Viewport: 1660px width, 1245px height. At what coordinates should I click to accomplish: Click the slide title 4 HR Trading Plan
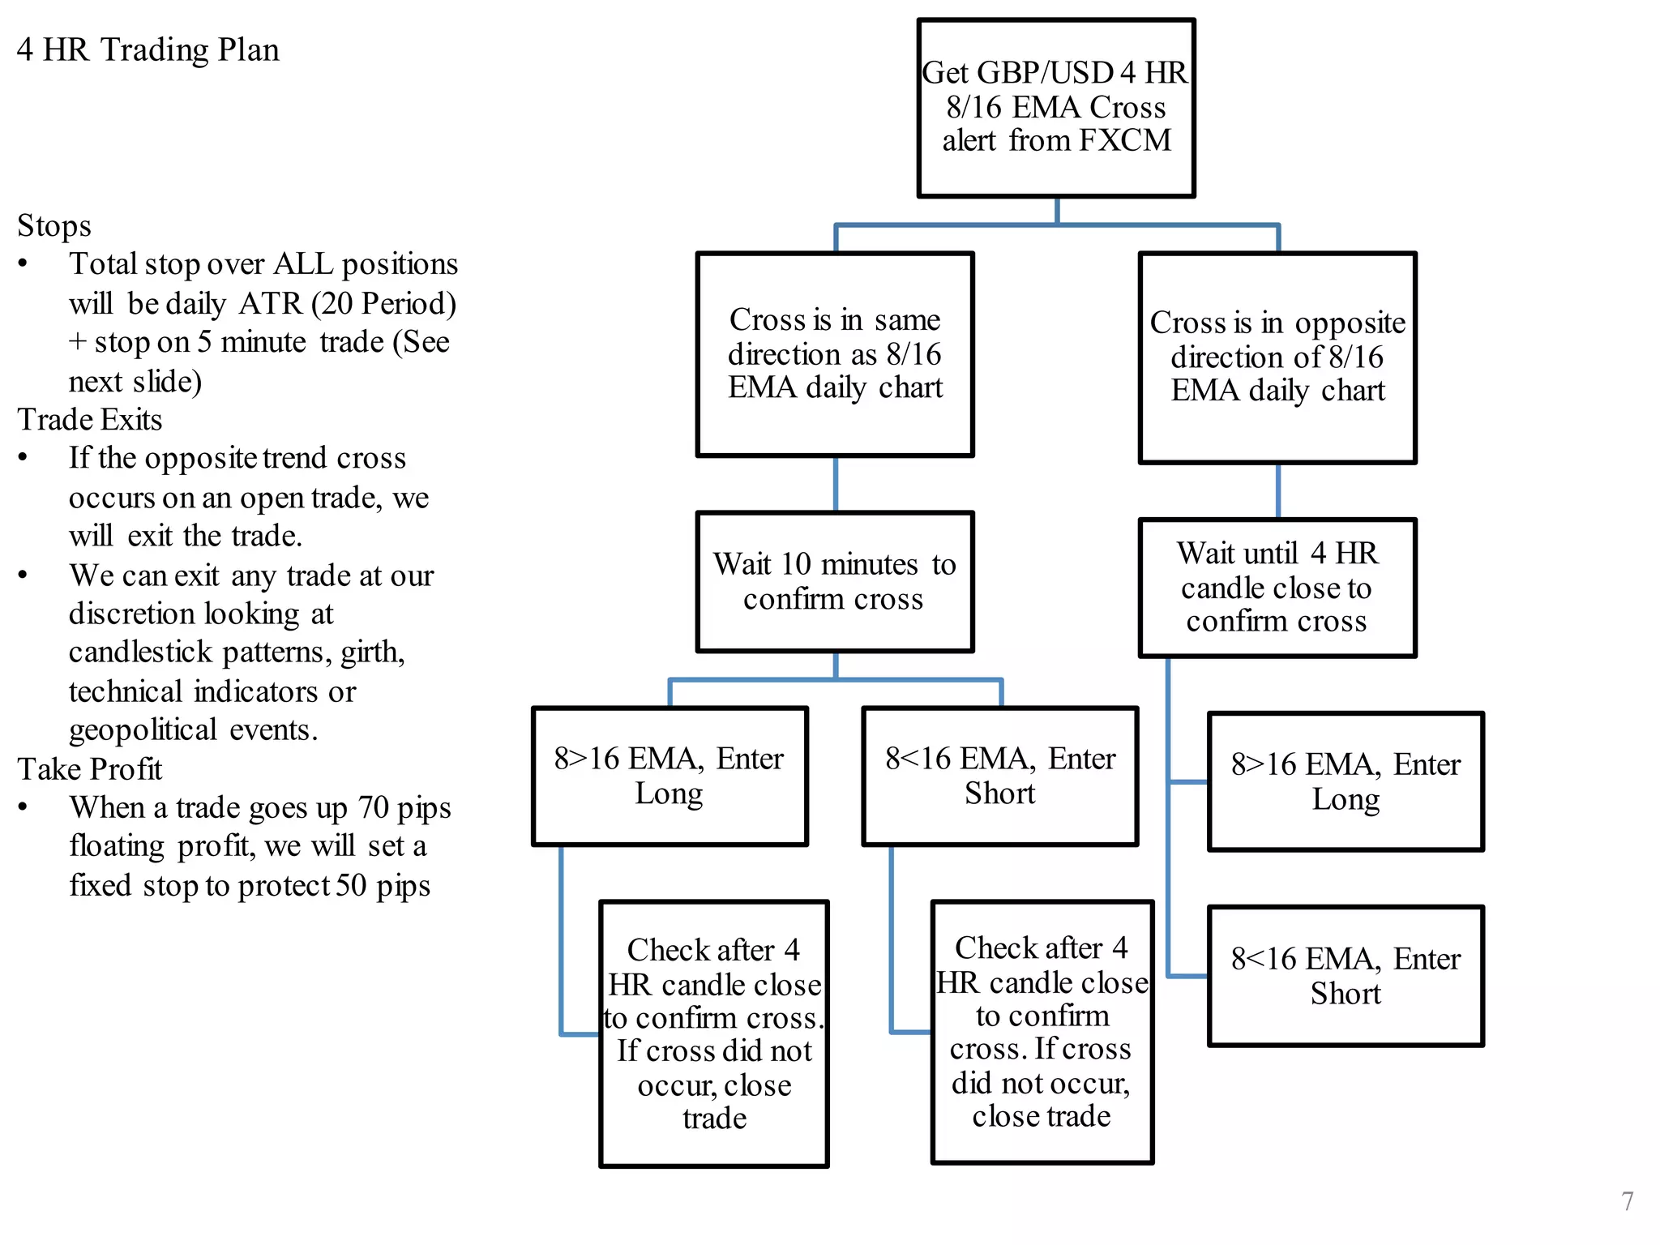point(148,50)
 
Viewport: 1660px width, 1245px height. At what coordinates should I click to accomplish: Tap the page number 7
point(1627,1200)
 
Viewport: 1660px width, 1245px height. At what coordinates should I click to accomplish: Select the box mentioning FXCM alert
point(1055,108)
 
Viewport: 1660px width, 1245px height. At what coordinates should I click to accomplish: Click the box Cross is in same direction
point(834,354)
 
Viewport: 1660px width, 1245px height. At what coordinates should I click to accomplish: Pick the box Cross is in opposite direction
point(1277,357)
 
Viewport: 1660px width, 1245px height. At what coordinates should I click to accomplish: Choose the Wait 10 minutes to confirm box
point(834,581)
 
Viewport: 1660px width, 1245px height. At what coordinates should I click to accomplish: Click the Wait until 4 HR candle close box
point(1277,587)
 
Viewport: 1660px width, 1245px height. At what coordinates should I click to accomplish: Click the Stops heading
point(54,226)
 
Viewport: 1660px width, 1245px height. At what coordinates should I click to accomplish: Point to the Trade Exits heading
point(90,420)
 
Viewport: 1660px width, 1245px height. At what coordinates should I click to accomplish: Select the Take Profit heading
point(90,769)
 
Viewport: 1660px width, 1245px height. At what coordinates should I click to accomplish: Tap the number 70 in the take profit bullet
point(374,808)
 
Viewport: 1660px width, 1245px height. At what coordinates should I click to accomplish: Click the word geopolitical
point(143,730)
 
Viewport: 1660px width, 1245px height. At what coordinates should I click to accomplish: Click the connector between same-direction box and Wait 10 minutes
point(835,484)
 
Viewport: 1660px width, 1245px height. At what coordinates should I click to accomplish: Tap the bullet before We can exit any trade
point(23,575)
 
